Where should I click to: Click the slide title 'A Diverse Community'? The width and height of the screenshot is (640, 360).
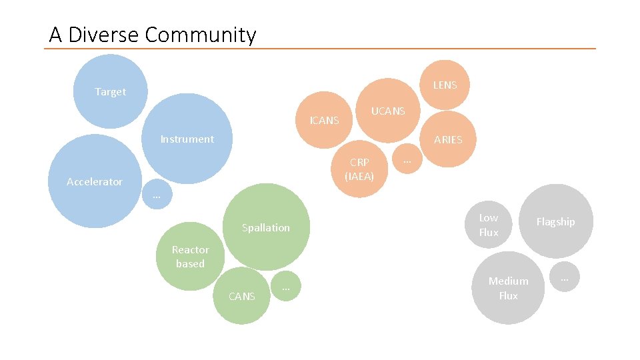coord(152,35)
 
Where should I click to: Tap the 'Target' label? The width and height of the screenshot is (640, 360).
coord(110,92)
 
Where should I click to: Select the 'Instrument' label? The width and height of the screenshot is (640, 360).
coord(187,139)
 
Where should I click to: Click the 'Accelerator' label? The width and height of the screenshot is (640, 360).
coord(95,182)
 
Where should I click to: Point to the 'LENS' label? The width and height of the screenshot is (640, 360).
coord(445,85)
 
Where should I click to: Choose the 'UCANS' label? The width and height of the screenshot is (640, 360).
coord(388,111)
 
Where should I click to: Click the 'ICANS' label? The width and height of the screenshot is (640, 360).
coord(325,121)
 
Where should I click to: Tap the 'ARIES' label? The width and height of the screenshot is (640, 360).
coord(448,140)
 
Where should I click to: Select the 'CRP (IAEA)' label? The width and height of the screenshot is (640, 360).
coord(359,169)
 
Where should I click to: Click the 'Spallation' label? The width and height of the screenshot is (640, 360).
coord(265,228)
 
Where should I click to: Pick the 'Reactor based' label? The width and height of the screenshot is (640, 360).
coord(190,257)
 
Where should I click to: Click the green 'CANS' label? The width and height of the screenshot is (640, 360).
coord(241,297)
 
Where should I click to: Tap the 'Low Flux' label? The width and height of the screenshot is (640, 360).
coord(489,225)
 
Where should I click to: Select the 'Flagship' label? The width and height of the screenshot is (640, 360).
coord(555,222)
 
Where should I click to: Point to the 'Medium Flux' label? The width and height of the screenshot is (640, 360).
coord(508,288)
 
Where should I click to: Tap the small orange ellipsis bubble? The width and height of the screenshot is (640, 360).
coord(407,161)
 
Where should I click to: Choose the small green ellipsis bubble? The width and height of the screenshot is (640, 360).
coord(285,287)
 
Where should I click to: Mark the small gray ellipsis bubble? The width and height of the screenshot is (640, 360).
coord(565,278)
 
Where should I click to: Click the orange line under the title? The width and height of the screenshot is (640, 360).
coord(320,49)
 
